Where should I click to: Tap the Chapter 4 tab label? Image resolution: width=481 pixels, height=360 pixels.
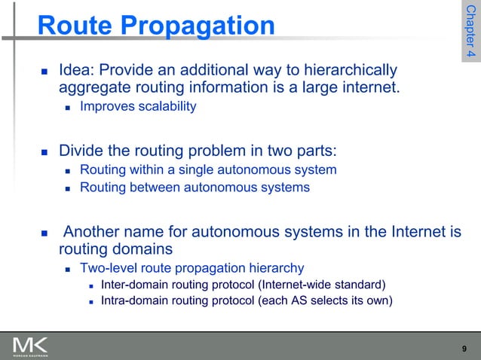click(470, 34)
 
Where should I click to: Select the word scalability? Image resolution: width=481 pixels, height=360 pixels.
click(165, 107)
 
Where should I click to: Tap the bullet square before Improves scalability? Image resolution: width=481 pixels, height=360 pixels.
click(68, 108)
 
